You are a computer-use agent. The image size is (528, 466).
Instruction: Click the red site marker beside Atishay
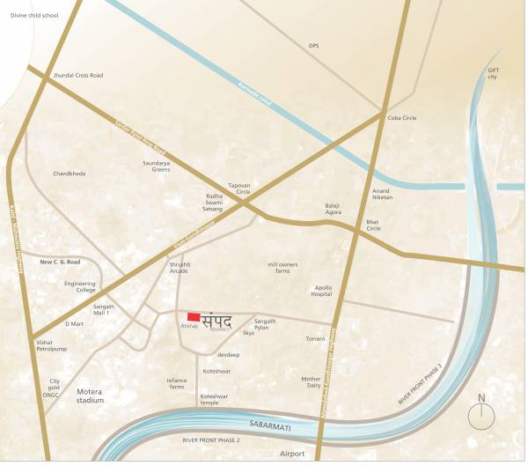coord(193,317)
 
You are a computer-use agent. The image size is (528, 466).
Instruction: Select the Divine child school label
coord(29,16)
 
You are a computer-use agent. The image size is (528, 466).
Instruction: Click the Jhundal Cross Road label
coord(78,76)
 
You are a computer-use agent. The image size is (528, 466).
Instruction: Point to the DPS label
coord(313,46)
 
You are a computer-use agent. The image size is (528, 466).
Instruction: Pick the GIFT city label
coord(493,73)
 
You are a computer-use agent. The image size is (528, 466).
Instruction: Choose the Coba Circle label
coord(402,118)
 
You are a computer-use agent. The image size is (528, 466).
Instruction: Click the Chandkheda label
coord(70,174)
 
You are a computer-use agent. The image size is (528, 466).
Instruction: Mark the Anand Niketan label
coord(382,193)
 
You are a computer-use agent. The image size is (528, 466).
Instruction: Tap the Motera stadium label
coord(90,395)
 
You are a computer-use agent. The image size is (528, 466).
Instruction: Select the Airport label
coord(291,454)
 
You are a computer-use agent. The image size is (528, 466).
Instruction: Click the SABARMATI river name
coord(270,426)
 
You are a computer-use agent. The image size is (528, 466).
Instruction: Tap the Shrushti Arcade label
coord(180,267)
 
